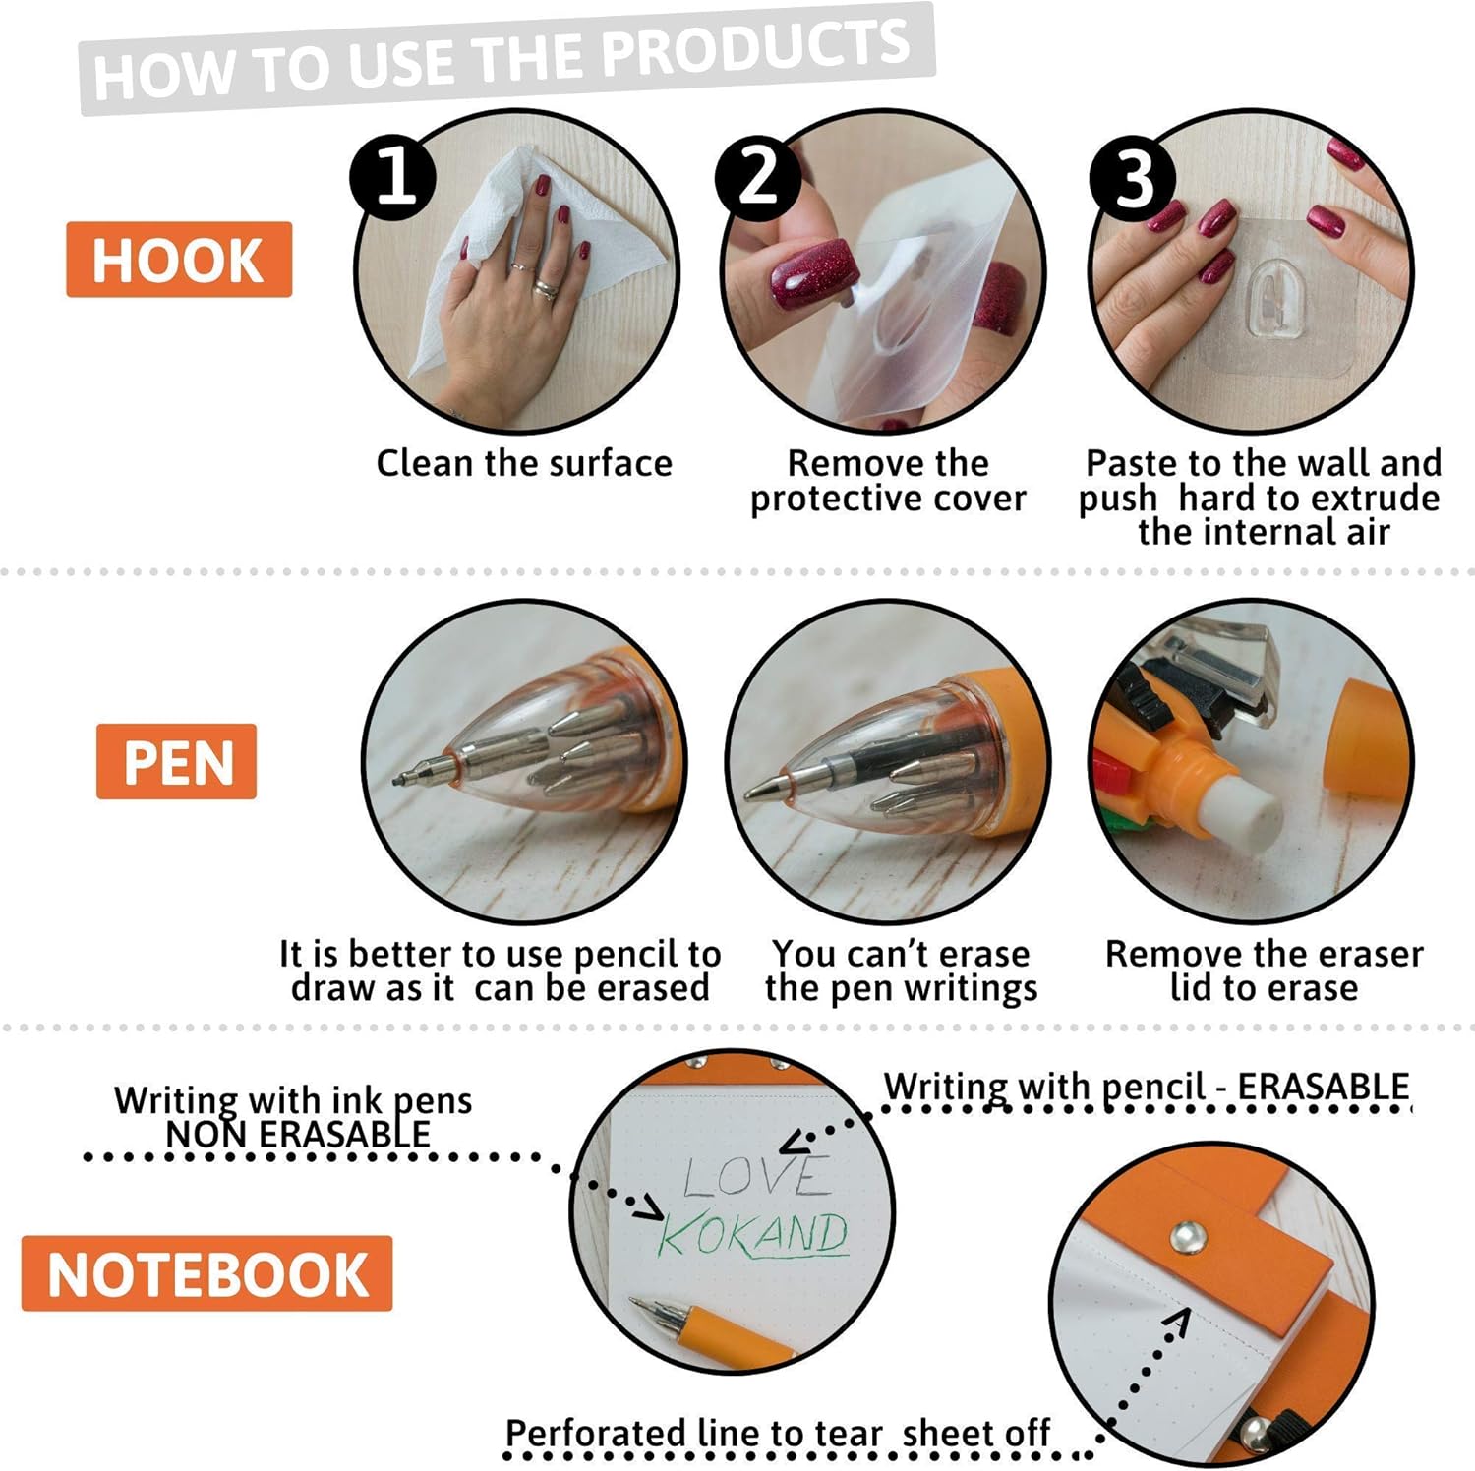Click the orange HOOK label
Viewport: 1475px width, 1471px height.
click(x=179, y=260)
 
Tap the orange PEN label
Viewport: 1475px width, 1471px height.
click(x=176, y=762)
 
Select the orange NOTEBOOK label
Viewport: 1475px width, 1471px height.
click(x=206, y=1274)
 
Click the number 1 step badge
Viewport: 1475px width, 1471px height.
click(x=393, y=177)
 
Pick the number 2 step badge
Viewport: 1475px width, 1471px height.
click(x=758, y=177)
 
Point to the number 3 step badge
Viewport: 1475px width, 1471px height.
click(x=1133, y=178)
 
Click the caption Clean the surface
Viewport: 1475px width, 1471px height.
click(x=524, y=463)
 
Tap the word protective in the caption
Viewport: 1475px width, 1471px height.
click(x=837, y=500)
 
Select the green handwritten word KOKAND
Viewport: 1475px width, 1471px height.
click(x=752, y=1234)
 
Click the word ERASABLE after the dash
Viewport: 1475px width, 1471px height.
click(x=1323, y=1088)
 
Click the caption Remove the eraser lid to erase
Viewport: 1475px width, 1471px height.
click(x=1264, y=971)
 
